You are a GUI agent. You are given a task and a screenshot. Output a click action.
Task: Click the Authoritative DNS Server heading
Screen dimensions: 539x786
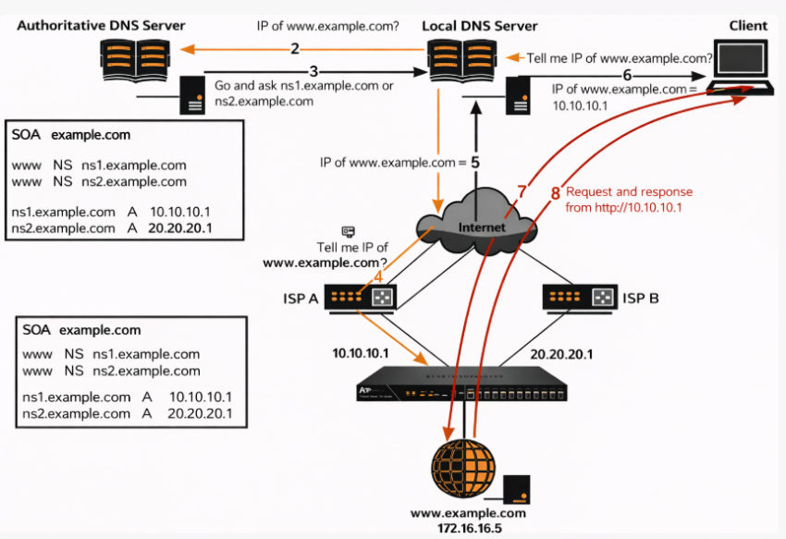101,25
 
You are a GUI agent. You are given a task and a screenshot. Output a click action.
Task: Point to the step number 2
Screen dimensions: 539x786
294,49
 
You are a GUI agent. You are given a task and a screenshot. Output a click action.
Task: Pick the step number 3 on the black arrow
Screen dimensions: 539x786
313,71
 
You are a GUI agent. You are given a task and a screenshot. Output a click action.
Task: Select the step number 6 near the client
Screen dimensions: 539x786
628,74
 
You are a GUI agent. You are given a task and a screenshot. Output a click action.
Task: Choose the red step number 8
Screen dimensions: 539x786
555,194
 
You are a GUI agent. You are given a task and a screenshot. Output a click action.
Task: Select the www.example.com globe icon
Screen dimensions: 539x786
463,468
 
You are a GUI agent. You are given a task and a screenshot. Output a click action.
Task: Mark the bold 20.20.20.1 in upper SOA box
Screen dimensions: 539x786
179,223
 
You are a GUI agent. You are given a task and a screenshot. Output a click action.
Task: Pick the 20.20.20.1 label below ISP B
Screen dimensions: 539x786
561,354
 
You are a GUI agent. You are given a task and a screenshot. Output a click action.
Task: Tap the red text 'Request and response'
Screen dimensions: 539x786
629,192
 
